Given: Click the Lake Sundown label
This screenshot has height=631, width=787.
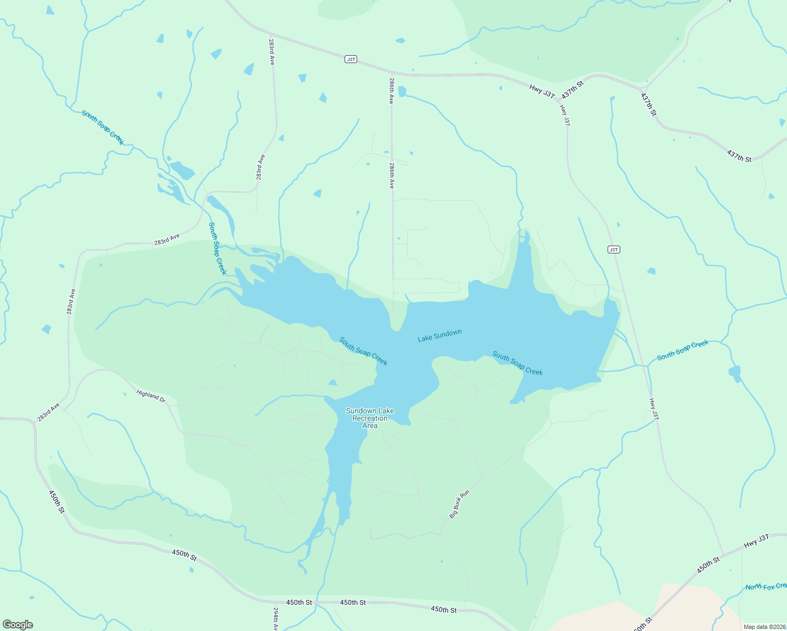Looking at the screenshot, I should click(440, 335).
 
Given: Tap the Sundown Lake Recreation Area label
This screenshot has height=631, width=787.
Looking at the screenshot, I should click(370, 418).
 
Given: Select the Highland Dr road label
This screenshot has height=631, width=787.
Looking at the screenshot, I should click(151, 396).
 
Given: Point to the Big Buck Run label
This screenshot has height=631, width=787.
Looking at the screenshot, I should click(459, 505).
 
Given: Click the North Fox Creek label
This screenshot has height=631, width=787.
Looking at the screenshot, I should click(766, 586).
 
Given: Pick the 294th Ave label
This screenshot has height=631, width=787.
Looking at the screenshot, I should click(276, 619).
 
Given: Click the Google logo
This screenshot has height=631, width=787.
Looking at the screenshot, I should click(18, 625).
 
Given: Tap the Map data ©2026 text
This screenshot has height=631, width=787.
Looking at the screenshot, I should click(764, 627).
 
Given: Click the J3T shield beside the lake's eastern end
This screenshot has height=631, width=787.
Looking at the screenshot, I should click(613, 249).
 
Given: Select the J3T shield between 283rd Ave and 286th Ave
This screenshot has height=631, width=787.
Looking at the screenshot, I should click(351, 59).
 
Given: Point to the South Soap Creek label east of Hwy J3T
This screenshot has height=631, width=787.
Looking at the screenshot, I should click(683, 350).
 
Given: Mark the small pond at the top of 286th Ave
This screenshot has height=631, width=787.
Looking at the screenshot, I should click(402, 91).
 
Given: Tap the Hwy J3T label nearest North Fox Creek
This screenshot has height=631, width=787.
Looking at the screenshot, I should click(756, 541).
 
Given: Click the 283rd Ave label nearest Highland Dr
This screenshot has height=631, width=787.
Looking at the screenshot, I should click(48, 413).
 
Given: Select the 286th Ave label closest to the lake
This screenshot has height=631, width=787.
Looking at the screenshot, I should click(392, 176).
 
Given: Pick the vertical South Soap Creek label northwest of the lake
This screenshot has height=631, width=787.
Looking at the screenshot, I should click(217, 249).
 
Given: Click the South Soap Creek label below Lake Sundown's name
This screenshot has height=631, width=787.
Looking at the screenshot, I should click(517, 363).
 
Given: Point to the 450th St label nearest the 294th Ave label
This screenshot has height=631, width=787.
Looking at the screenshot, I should click(299, 602).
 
